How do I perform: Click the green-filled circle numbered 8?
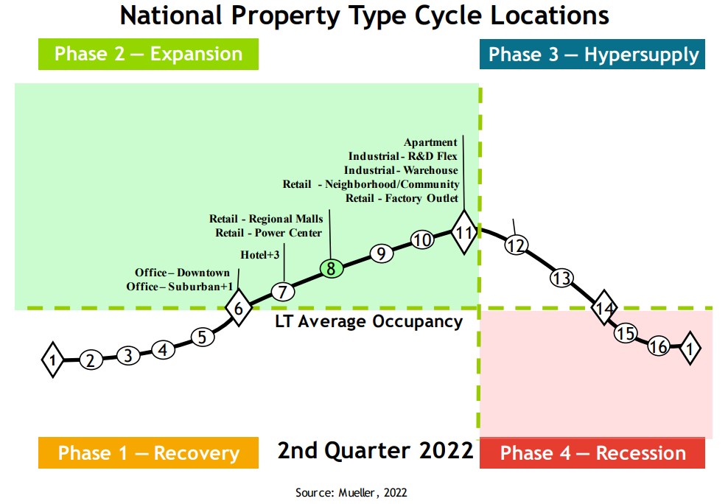[x=332, y=269]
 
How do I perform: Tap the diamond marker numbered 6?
[x=239, y=308]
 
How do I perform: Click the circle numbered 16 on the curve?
[x=659, y=346]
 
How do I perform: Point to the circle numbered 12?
[x=517, y=245]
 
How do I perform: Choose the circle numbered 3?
[x=127, y=356]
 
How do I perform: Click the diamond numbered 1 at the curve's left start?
[x=53, y=360]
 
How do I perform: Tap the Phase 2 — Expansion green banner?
[x=148, y=55]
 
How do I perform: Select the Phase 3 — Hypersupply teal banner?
[x=592, y=55]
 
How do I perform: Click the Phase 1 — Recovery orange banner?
[x=148, y=453]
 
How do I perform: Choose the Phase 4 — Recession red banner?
[x=592, y=453]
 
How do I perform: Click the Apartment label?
[x=430, y=142]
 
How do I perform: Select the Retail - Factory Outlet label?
[x=402, y=198]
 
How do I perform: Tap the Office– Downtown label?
[x=182, y=273]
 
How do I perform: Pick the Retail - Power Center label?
[x=268, y=233]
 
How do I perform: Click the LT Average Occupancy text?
[x=368, y=322]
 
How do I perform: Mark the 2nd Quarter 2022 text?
[x=375, y=450]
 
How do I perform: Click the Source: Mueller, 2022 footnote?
[x=351, y=492]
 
